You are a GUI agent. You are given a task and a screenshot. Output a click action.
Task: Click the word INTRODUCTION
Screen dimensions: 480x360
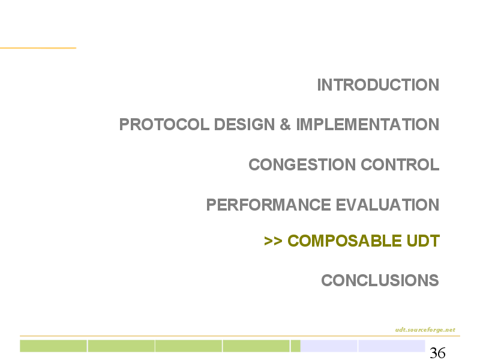(x=378, y=85)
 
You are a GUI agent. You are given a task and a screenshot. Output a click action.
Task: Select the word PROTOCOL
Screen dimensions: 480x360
(x=164, y=124)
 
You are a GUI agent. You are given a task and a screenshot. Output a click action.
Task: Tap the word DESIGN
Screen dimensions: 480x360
(x=244, y=124)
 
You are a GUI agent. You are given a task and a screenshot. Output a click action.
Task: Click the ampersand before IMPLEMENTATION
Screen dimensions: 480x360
(x=285, y=124)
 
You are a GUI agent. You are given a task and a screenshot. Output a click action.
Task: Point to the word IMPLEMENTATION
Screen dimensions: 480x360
(x=368, y=124)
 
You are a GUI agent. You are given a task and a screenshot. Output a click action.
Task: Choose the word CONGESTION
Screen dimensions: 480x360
(x=302, y=164)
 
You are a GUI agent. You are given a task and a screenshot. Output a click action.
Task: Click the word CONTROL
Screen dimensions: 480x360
(x=400, y=164)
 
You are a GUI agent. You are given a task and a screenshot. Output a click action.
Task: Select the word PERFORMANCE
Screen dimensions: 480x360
(x=268, y=205)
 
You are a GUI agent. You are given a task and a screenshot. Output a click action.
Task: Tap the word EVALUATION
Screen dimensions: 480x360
(x=388, y=205)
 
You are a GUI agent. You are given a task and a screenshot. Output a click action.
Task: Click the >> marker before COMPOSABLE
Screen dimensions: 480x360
(x=273, y=241)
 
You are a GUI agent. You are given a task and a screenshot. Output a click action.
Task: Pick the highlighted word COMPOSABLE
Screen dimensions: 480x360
(x=344, y=241)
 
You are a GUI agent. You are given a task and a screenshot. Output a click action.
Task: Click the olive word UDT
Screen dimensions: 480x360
(x=423, y=241)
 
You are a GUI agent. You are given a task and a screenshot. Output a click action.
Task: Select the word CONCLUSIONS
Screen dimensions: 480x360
(x=380, y=280)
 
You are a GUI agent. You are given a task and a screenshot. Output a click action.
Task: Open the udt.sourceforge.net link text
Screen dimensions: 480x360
(x=425, y=329)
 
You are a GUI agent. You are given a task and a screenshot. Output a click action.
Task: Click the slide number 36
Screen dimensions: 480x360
(x=437, y=353)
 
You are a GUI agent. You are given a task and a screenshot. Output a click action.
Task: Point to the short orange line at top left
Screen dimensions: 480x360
(x=38, y=48)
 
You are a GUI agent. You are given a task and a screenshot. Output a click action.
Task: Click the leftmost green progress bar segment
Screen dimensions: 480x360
(x=53, y=346)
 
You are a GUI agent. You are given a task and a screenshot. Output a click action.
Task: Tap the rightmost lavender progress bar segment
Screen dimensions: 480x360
(x=392, y=346)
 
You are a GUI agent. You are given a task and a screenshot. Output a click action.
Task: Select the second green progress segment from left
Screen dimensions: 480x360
(x=121, y=346)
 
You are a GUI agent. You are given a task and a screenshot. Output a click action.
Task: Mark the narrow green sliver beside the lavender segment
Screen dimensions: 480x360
(x=295, y=346)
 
